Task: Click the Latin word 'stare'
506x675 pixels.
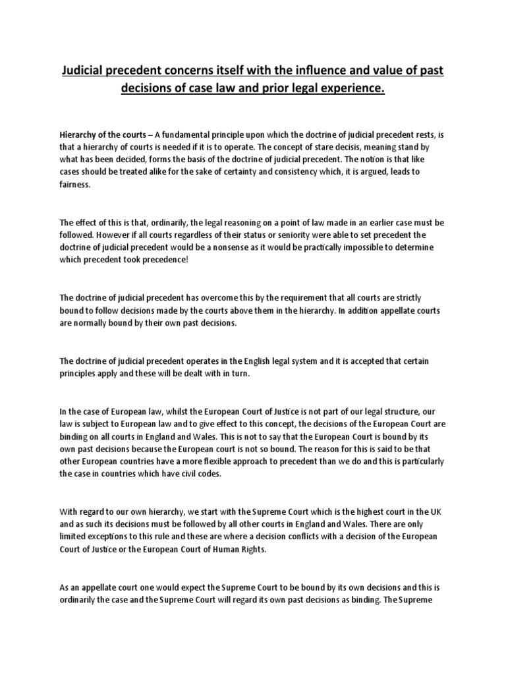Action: (304, 148)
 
